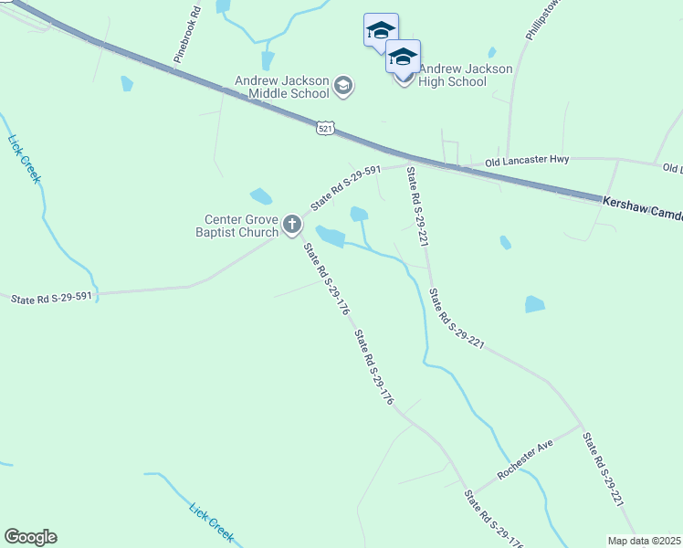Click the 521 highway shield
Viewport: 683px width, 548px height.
coord(326,128)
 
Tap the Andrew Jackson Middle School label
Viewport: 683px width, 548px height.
coord(281,87)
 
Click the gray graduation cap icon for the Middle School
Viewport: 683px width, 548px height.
coord(343,87)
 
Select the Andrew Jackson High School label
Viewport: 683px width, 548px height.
coord(453,75)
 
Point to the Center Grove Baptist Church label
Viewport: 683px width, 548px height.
coord(241,226)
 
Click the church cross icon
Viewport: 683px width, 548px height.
coord(292,224)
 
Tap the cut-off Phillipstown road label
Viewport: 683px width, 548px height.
coord(540,18)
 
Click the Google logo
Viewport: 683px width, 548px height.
coord(30,537)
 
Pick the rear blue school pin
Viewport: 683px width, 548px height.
coord(380,30)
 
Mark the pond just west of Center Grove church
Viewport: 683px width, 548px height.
coord(261,196)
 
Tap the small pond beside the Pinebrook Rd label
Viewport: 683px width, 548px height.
coord(126,84)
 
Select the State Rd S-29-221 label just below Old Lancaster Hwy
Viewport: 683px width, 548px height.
coord(416,206)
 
